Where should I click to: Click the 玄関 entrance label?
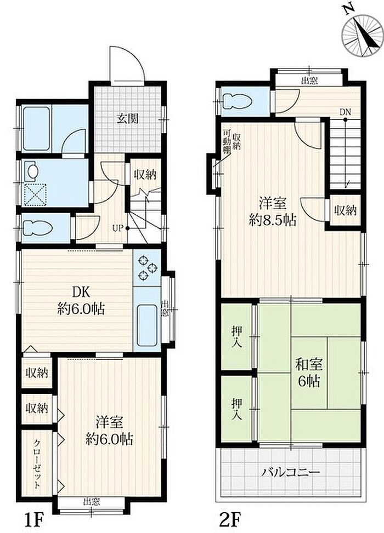(x=128, y=119)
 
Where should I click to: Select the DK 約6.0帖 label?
(x=81, y=301)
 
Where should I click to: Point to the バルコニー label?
(x=291, y=473)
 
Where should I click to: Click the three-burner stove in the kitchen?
(x=148, y=267)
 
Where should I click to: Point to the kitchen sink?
(x=148, y=325)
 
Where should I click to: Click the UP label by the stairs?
(x=117, y=228)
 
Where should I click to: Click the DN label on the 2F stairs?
(x=345, y=112)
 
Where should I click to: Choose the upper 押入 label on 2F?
(x=237, y=336)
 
